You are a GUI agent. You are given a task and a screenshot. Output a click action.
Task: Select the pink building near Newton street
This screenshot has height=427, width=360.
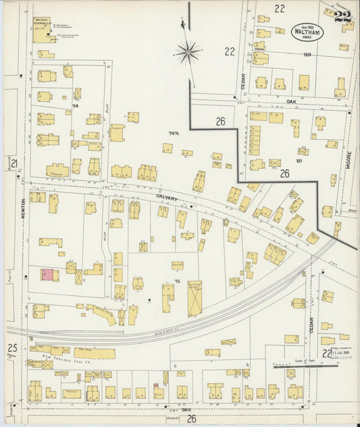48,275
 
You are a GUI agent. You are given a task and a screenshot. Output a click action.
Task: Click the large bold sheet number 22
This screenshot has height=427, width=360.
342,16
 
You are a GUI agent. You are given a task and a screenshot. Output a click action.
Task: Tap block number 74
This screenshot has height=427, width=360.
75,106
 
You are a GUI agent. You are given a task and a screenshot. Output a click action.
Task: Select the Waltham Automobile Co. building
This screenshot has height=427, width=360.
41,29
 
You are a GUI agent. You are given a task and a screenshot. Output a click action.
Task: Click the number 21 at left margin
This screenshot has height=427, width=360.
14,163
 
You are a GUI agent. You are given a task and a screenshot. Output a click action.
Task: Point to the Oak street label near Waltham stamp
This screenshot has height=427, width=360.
292,101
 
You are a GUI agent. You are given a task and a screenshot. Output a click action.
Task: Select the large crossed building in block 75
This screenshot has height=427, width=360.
195,299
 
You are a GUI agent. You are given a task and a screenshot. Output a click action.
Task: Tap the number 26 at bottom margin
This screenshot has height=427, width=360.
191,418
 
